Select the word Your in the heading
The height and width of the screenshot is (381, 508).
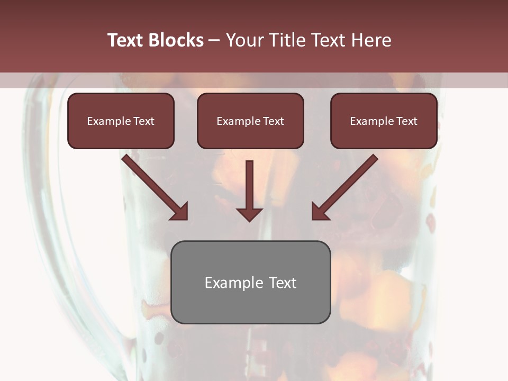[242, 40]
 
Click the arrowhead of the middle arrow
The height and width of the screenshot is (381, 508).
[250, 214]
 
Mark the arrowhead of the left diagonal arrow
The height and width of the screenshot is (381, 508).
[180, 212]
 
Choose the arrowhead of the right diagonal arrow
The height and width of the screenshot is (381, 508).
[320, 212]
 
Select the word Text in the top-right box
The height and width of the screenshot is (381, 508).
[407, 121]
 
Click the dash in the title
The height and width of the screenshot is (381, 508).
[214, 41]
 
